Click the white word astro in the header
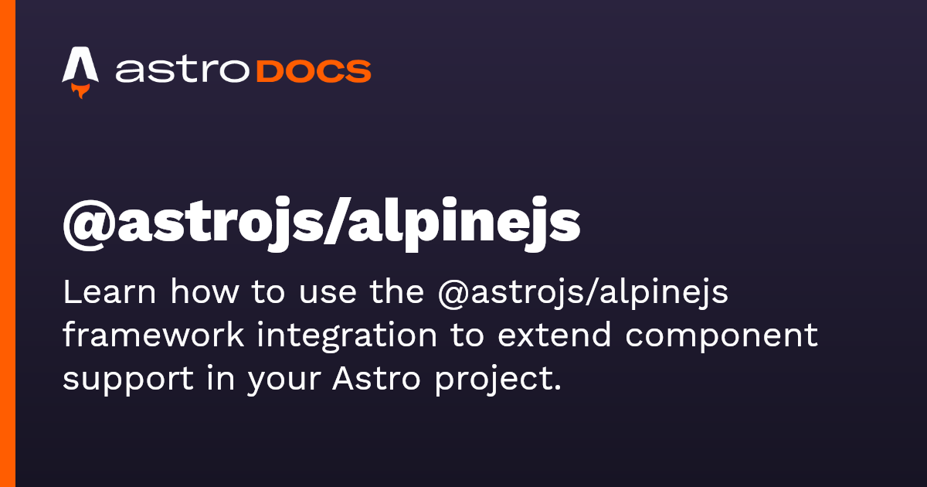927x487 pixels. pos(182,70)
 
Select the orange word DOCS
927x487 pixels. pos(314,71)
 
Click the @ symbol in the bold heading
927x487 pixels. pos(90,225)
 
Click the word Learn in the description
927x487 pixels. pos(109,292)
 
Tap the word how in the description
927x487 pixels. pos(205,292)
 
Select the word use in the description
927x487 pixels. pos(328,295)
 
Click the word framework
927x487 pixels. pos(154,335)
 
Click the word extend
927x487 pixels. pos(554,335)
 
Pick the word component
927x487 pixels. pos(722,339)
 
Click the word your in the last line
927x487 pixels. pos(284,382)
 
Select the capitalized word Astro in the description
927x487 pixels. pos(376,378)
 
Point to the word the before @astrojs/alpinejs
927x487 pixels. pos(397,292)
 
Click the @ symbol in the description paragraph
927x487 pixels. pos(453,295)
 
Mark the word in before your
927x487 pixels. pos(220,378)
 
